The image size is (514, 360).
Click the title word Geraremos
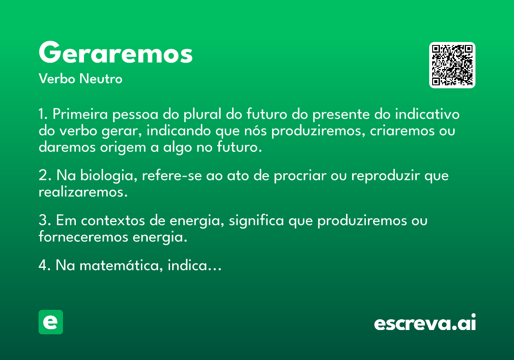[x=116, y=52]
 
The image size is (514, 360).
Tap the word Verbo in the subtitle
[x=57, y=78]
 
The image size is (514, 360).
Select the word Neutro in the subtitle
[x=101, y=78]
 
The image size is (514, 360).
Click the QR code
[x=452, y=65]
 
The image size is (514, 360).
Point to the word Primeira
[x=80, y=114]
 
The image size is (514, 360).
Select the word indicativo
[x=427, y=114]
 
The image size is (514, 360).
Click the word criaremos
[x=402, y=131]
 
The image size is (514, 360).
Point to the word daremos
[x=67, y=147]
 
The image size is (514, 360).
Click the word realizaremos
[x=83, y=192]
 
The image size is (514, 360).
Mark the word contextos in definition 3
[x=113, y=221]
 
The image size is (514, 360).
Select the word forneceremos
[x=83, y=237]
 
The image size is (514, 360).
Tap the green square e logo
[x=51, y=322]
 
